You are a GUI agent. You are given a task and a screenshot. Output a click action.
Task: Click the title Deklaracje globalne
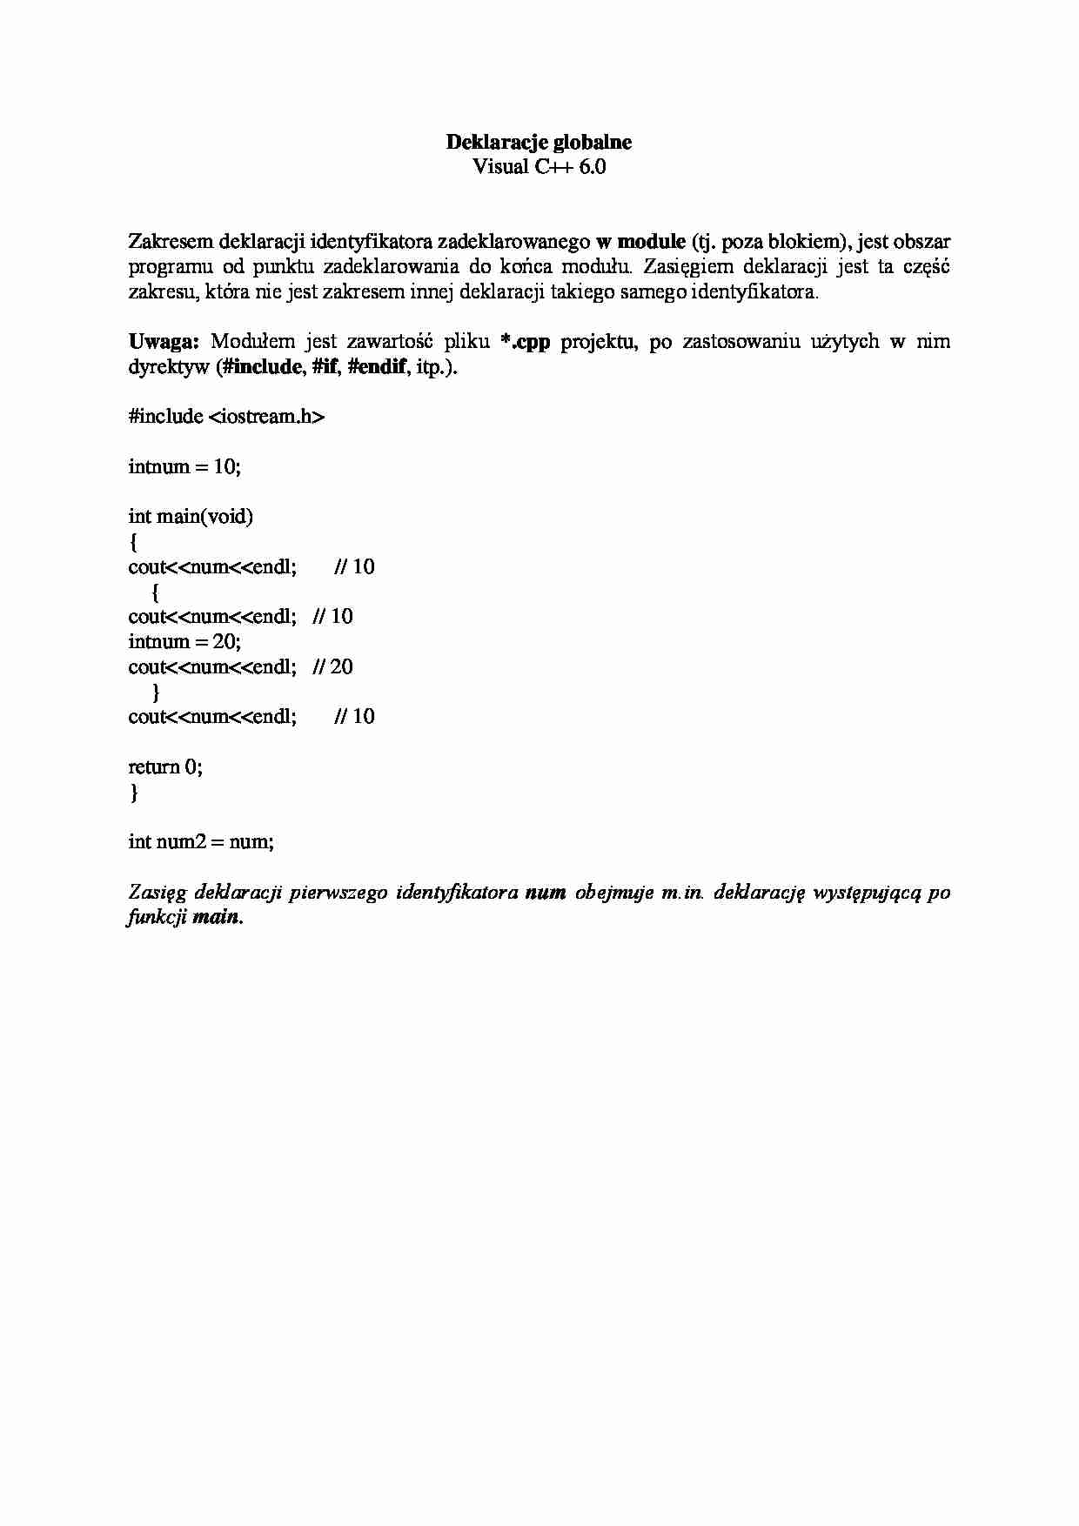pyautogui.click(x=539, y=142)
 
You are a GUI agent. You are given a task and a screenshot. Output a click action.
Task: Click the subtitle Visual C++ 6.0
pyautogui.click(x=539, y=166)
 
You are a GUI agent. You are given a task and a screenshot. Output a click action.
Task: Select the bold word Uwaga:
pyautogui.click(x=164, y=341)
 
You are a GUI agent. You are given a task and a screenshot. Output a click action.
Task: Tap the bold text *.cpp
pyautogui.click(x=526, y=341)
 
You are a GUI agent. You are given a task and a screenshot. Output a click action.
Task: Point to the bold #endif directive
pyautogui.click(x=376, y=366)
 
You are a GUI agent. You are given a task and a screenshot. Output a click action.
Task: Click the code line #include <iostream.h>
pyautogui.click(x=226, y=417)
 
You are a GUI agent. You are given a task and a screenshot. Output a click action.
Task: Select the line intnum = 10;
pyautogui.click(x=184, y=466)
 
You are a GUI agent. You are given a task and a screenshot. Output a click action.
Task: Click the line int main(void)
pyautogui.click(x=191, y=517)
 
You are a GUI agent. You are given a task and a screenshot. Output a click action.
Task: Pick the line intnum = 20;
pyautogui.click(x=184, y=642)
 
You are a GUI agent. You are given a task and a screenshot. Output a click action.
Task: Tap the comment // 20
pyautogui.click(x=332, y=667)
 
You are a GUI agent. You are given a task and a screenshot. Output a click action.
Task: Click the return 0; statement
pyautogui.click(x=165, y=767)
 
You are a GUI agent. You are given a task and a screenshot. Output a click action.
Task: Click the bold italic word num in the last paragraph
pyautogui.click(x=546, y=893)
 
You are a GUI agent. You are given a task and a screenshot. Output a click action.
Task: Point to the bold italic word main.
pyautogui.click(x=216, y=917)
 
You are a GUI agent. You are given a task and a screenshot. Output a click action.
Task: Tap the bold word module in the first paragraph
pyautogui.click(x=651, y=241)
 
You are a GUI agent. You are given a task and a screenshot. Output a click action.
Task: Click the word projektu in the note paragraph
pyautogui.click(x=599, y=341)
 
